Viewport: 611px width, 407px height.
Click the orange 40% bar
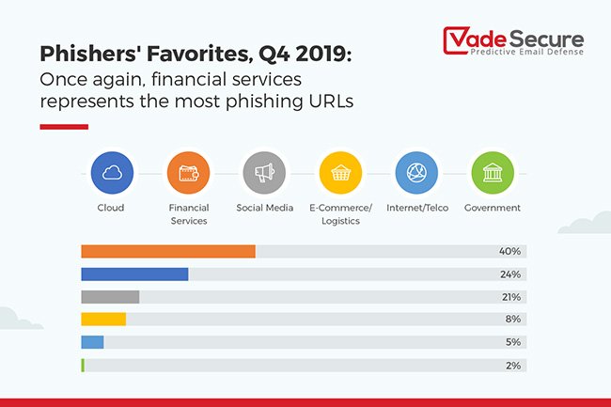click(x=168, y=251)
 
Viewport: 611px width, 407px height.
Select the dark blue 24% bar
click(x=134, y=274)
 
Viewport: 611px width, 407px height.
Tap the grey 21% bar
click(x=110, y=297)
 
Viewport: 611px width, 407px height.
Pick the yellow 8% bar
click(x=103, y=320)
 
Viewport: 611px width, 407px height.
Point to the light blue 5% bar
click(x=92, y=342)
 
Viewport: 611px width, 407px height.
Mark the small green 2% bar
click(x=83, y=365)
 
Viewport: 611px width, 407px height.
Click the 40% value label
click(x=510, y=251)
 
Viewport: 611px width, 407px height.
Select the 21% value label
click(x=510, y=297)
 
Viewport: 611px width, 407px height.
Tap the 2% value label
click(x=512, y=365)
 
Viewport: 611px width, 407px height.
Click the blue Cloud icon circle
click(x=111, y=173)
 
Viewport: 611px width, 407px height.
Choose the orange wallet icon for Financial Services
click(x=188, y=173)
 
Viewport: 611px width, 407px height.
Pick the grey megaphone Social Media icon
click(x=264, y=173)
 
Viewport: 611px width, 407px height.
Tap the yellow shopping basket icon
click(x=340, y=173)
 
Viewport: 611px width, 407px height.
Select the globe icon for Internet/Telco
click(x=416, y=173)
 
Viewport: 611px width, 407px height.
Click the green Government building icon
click(x=493, y=173)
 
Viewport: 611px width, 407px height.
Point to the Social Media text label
click(x=264, y=208)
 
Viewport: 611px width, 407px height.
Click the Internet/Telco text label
click(x=416, y=208)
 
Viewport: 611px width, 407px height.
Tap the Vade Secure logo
click(x=513, y=43)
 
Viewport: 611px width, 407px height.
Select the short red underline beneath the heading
click(x=64, y=126)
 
